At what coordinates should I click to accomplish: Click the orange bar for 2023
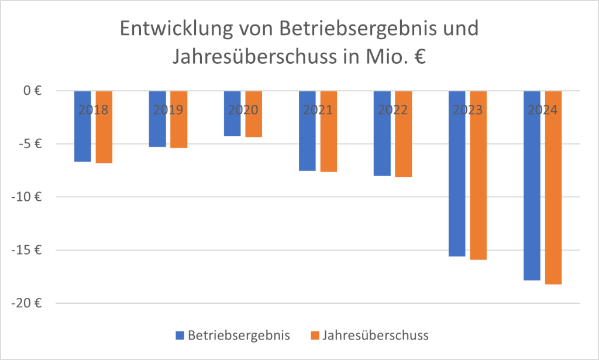[x=478, y=176]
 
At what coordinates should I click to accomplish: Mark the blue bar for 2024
[x=532, y=187]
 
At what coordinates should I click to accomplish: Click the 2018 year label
[x=93, y=109]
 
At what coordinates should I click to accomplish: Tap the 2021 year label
[x=318, y=109]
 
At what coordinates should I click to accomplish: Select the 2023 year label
[x=467, y=109]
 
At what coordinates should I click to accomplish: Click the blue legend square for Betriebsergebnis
[x=180, y=335]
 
